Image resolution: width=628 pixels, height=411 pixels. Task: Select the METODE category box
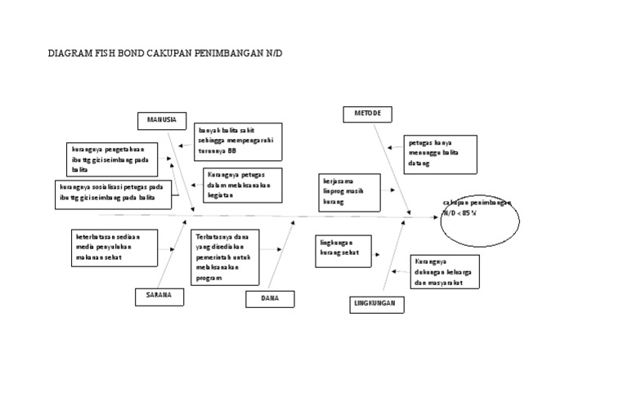tap(367, 114)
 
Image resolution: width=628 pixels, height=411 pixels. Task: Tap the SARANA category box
tap(159, 296)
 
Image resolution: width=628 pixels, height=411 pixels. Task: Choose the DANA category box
tap(270, 298)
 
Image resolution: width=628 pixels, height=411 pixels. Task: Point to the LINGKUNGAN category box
tap(375, 304)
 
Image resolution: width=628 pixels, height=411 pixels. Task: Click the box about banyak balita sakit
tap(238, 142)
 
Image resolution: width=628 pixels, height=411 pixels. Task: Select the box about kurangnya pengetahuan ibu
tap(113, 159)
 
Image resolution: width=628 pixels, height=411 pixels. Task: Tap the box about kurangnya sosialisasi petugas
tap(111, 193)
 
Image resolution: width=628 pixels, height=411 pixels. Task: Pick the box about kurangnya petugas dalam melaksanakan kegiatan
tap(243, 185)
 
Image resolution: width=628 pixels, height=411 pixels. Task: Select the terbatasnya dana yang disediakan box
tap(227, 257)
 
